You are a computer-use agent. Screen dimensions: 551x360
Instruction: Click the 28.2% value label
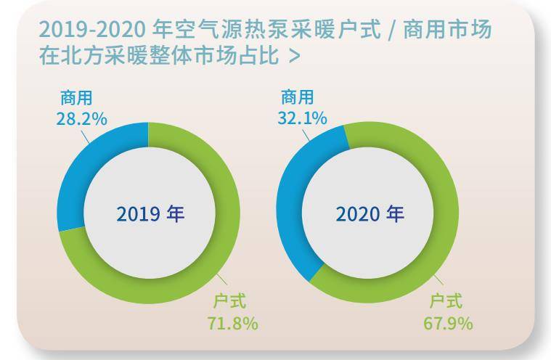(81, 120)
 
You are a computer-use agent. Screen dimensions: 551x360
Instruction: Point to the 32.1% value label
(302, 118)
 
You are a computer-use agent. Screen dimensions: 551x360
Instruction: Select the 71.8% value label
(232, 324)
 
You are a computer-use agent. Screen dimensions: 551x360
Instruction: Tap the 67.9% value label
(448, 324)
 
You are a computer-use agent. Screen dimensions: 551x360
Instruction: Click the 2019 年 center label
(150, 214)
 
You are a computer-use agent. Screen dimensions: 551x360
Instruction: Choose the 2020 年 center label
(370, 214)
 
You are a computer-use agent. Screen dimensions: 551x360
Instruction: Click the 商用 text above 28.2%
(76, 98)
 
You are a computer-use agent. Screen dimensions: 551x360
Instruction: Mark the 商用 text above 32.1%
(298, 97)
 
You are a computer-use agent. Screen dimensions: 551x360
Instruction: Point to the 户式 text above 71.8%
(230, 302)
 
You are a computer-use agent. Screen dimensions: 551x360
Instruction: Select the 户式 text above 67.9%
(446, 302)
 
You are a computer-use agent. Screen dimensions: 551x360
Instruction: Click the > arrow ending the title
(295, 56)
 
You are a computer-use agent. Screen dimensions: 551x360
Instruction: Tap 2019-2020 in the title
(92, 30)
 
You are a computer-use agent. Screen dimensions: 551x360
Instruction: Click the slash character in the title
(392, 30)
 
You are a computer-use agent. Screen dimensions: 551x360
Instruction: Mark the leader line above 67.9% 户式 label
(438, 280)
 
